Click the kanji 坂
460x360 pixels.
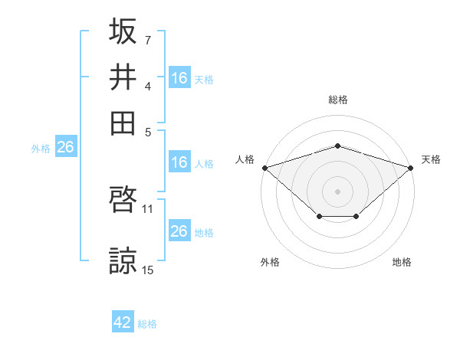click(123, 31)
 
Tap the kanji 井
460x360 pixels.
click(123, 77)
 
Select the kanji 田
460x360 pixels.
click(123, 123)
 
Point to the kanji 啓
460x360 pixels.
click(123, 199)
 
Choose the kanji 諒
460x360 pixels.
click(123, 260)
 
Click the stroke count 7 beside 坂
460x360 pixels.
click(148, 40)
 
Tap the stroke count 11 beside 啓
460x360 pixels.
click(147, 209)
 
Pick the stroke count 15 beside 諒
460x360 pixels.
click(147, 270)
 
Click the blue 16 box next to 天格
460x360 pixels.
click(179, 77)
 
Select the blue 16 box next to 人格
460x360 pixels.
click(179, 162)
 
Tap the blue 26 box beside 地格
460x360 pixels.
click(179, 230)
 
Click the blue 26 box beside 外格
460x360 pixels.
click(66, 146)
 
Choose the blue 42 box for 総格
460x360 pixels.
click(123, 321)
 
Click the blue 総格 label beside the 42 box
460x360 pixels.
click(147, 324)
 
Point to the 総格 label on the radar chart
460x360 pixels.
click(338, 100)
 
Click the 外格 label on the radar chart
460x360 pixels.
click(270, 262)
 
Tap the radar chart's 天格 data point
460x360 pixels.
click(411, 168)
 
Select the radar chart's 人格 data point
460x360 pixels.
click(265, 168)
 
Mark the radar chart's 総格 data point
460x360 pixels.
click(337, 146)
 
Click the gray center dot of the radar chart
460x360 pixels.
click(337, 191)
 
